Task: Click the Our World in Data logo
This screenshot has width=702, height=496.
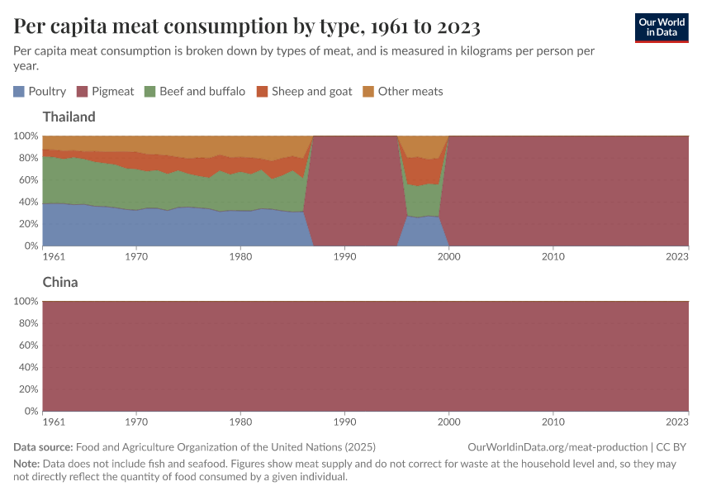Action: pyautogui.click(x=662, y=27)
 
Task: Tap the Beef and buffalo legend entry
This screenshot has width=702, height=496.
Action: pyautogui.click(x=194, y=91)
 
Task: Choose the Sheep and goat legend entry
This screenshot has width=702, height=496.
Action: pyautogui.click(x=304, y=91)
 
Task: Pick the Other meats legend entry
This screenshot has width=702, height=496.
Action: pyautogui.click(x=403, y=91)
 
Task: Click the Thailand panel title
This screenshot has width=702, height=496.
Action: pyautogui.click(x=69, y=117)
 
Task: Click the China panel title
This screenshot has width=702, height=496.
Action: pyautogui.click(x=60, y=282)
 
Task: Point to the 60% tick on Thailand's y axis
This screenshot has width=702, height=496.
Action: pyautogui.click(x=27, y=179)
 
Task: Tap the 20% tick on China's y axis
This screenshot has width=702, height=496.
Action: pyautogui.click(x=27, y=389)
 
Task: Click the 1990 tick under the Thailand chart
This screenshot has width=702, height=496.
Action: pyautogui.click(x=344, y=256)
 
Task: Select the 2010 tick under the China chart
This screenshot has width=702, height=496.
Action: pyautogui.click(x=553, y=422)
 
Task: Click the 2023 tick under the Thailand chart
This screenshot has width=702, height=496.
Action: pyautogui.click(x=677, y=256)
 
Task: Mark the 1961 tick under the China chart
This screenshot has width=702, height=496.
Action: pyautogui.click(x=54, y=422)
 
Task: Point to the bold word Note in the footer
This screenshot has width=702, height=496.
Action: pyautogui.click(x=27, y=464)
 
